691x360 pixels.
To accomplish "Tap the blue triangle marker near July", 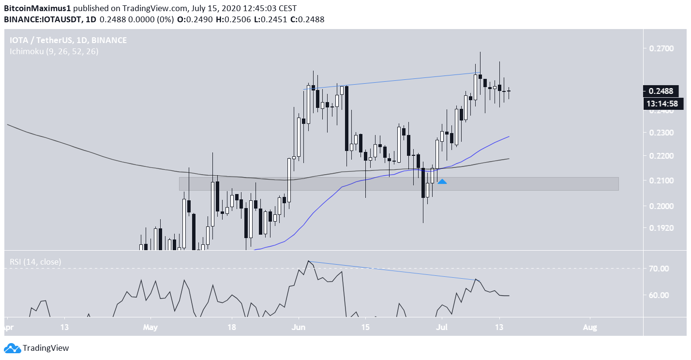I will tap(442, 181).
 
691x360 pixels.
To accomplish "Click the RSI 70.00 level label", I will tap(659, 269).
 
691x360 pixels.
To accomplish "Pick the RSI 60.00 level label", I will tap(659, 295).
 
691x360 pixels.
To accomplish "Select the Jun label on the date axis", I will tap(299, 328).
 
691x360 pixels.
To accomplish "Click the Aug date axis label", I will tap(590, 328).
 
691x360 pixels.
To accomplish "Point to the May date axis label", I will tap(150, 328).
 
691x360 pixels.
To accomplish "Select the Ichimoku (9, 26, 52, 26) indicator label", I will tap(54, 51).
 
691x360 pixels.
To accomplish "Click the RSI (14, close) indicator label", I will tap(36, 262).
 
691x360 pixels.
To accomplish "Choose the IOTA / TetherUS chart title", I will tap(68, 40).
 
